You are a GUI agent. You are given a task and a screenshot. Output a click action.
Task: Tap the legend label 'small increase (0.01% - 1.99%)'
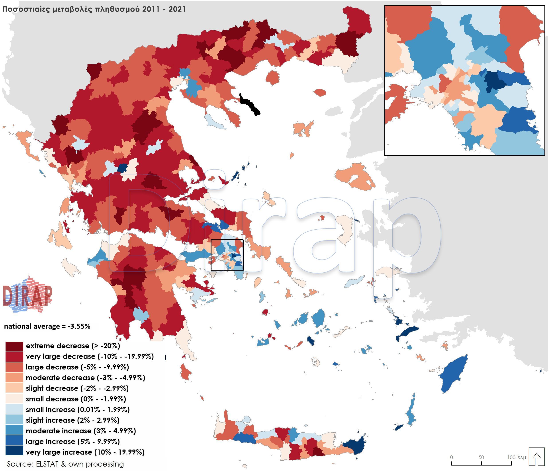pos(78,410)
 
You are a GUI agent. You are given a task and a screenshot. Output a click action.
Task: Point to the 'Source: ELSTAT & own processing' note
pos(65,464)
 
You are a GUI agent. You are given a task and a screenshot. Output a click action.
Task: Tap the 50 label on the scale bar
pos(481,457)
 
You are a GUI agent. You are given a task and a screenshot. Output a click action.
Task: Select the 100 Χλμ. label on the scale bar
pos(517,457)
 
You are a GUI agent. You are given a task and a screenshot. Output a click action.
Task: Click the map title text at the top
pos(94,9)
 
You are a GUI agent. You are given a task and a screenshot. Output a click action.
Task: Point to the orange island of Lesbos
pos(356,176)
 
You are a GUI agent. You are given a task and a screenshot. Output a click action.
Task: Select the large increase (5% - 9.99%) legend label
pos(73,442)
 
